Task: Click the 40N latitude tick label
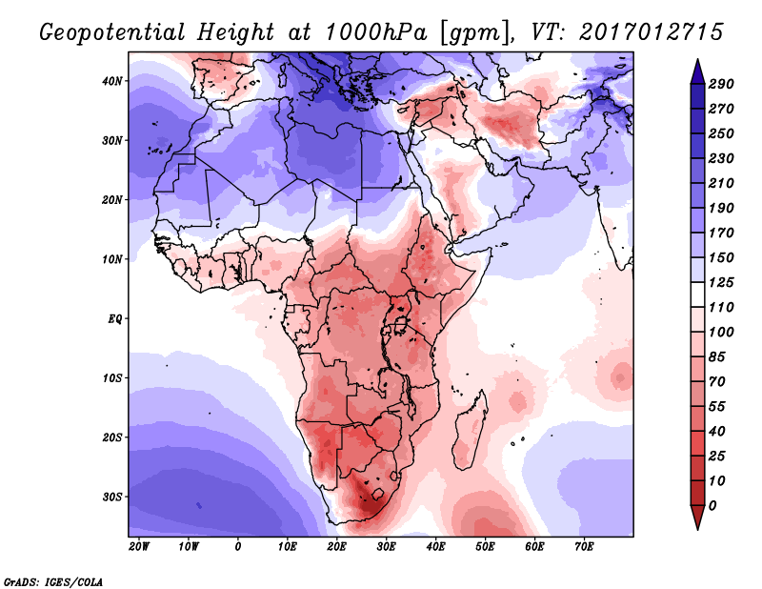[113, 80]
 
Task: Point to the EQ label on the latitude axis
[115, 318]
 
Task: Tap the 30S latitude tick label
[113, 497]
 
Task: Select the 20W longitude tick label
[138, 546]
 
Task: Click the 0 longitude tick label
[237, 546]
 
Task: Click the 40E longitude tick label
[435, 546]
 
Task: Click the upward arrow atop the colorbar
[697, 69]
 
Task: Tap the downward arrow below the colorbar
[697, 518]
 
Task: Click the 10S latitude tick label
[113, 377]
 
